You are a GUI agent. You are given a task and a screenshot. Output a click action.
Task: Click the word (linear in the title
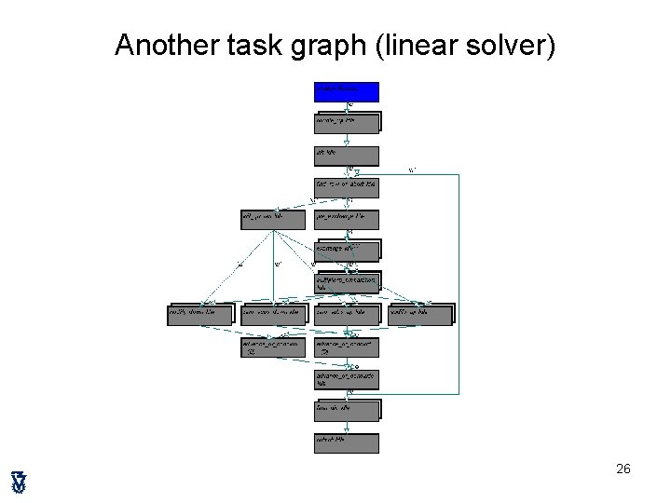click(x=416, y=45)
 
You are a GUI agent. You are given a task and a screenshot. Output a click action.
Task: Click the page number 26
click(x=623, y=469)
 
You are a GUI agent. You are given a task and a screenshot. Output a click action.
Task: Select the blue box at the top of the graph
click(x=347, y=91)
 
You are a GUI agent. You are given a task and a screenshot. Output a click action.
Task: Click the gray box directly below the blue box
click(x=347, y=123)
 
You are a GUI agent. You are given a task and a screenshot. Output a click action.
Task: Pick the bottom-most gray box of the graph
click(x=347, y=442)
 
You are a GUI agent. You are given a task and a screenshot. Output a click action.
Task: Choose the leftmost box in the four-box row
click(x=201, y=315)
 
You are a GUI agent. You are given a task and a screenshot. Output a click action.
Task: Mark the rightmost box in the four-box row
click(x=420, y=315)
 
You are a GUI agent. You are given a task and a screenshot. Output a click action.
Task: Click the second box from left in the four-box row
click(x=274, y=315)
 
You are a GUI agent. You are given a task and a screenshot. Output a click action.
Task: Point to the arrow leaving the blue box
click(x=347, y=107)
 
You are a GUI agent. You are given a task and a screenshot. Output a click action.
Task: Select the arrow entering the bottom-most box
click(x=347, y=426)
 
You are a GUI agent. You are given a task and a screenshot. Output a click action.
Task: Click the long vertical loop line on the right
click(x=459, y=279)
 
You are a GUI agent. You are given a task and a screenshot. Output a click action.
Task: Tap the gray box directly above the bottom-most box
click(x=347, y=410)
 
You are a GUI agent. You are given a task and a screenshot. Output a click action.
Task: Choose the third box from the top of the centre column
click(x=347, y=156)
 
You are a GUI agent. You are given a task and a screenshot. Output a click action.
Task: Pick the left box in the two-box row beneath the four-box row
click(x=274, y=347)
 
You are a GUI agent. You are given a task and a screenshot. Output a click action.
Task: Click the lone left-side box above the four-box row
click(x=274, y=219)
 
